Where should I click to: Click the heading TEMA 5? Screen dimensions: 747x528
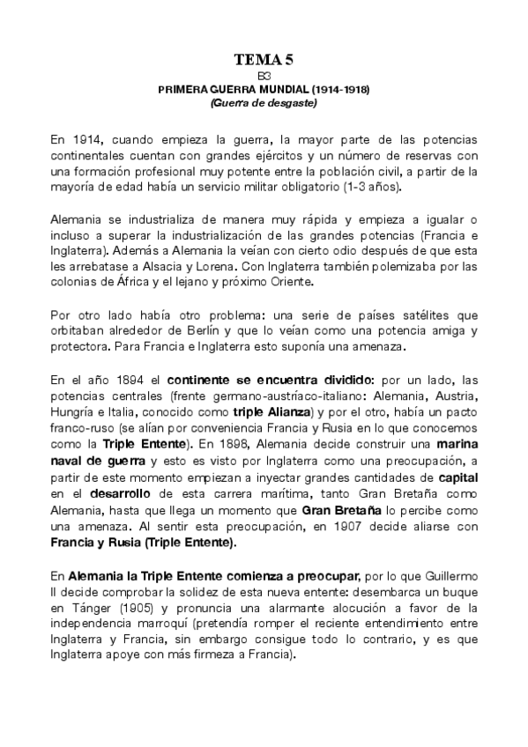(x=264, y=60)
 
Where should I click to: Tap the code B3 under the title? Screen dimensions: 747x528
(x=264, y=77)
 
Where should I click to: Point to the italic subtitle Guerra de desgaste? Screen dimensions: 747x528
(x=264, y=102)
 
